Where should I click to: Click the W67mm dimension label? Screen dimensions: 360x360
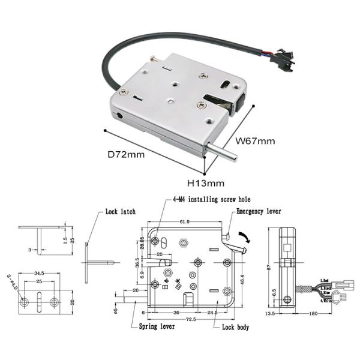pos(255,142)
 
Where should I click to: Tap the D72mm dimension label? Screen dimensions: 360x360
pos(126,154)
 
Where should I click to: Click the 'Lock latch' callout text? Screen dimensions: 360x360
pos(120,212)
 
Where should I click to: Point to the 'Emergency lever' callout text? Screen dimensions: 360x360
pos(259,212)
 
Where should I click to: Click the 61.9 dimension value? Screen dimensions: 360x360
pos(184,221)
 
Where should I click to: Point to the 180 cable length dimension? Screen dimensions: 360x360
pos(313,313)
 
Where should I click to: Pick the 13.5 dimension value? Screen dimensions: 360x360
pos(269,313)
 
